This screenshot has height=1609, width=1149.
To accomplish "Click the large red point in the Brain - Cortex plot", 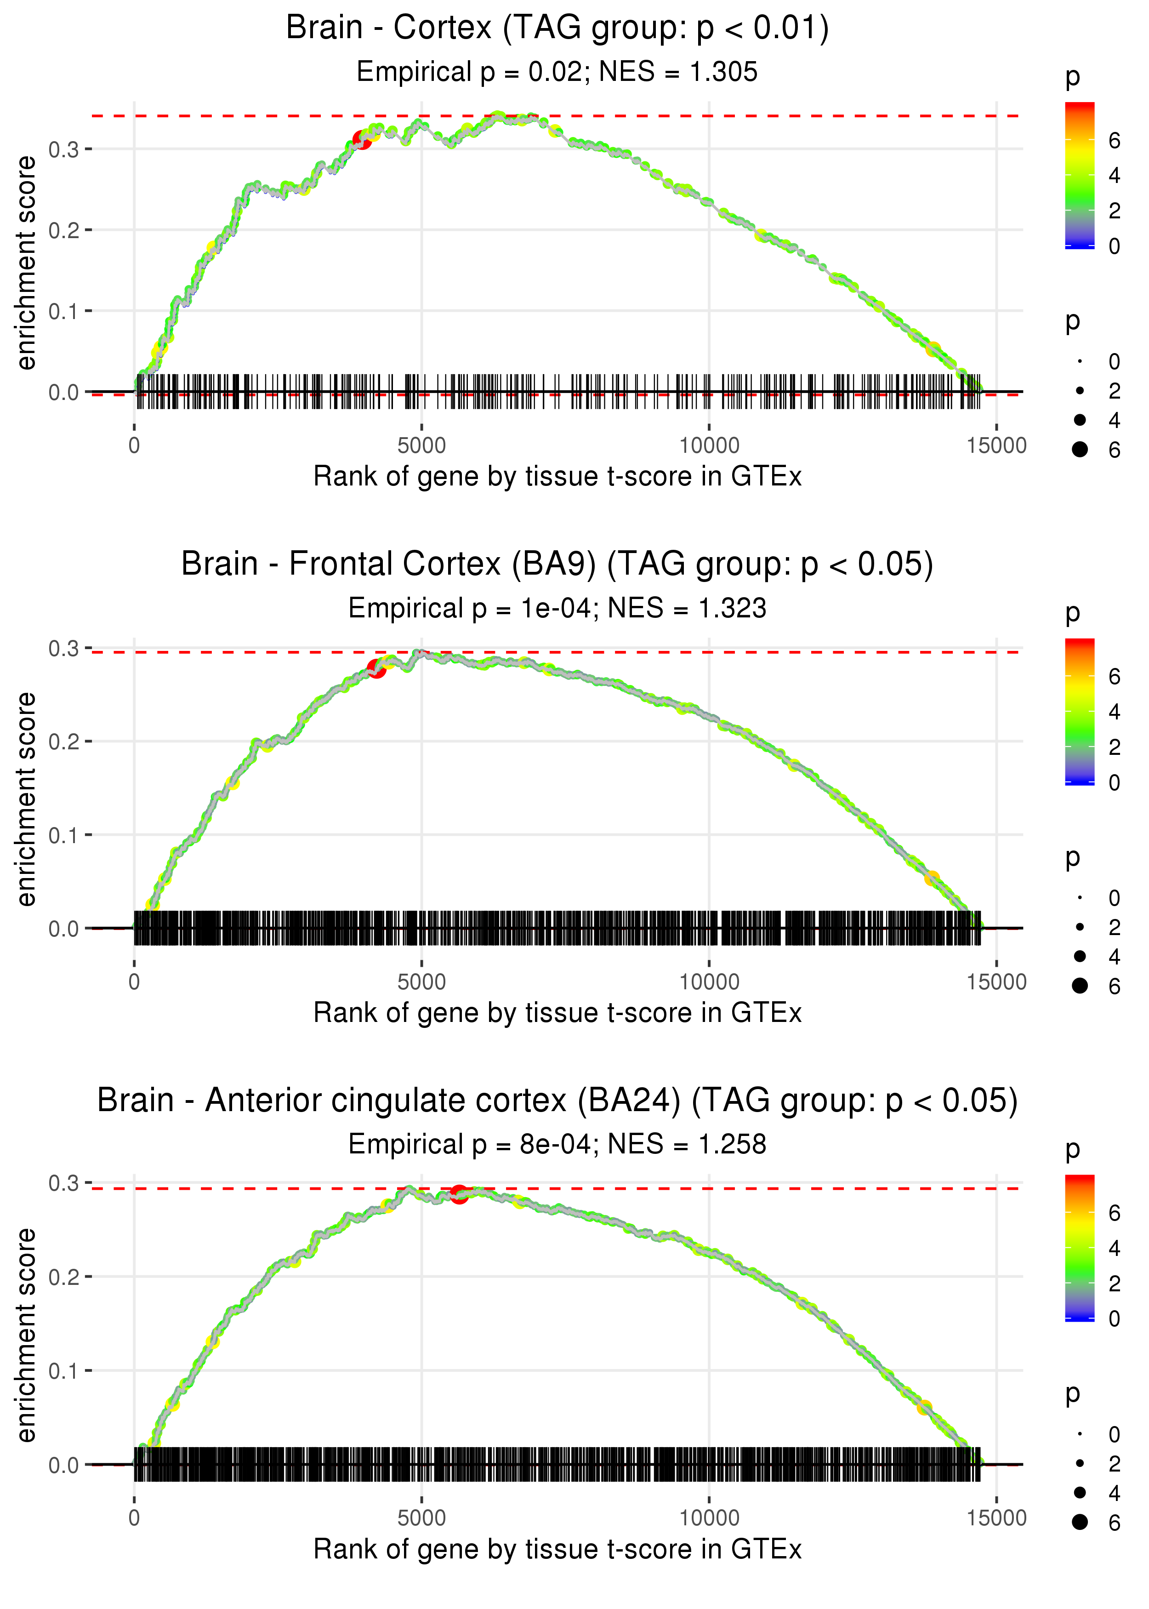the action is [x=362, y=140].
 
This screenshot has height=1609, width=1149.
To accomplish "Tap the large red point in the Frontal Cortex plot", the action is [x=376, y=668].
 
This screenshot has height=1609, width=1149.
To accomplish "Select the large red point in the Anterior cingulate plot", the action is [x=459, y=1194].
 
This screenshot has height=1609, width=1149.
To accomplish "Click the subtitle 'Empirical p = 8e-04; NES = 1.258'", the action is [x=557, y=1144].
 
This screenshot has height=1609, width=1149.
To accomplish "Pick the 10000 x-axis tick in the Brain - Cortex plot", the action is [x=709, y=446].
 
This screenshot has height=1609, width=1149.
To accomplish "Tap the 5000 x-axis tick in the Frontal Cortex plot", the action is [x=421, y=982].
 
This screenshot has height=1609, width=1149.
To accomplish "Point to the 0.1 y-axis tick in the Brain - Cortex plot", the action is [x=64, y=311].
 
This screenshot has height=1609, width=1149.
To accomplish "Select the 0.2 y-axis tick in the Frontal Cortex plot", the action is [x=64, y=742].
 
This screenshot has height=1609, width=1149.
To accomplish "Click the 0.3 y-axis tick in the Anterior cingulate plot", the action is [x=64, y=1183].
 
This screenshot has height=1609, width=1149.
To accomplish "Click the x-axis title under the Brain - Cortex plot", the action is [x=557, y=477].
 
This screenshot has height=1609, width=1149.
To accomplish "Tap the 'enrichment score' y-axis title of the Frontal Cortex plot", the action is [x=26, y=799].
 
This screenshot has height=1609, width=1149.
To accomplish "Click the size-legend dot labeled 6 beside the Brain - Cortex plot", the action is [x=1080, y=449].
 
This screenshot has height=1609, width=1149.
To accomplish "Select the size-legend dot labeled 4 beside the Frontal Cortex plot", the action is [x=1080, y=956].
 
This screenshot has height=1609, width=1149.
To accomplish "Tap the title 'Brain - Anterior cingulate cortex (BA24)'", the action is [x=389, y=1101].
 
